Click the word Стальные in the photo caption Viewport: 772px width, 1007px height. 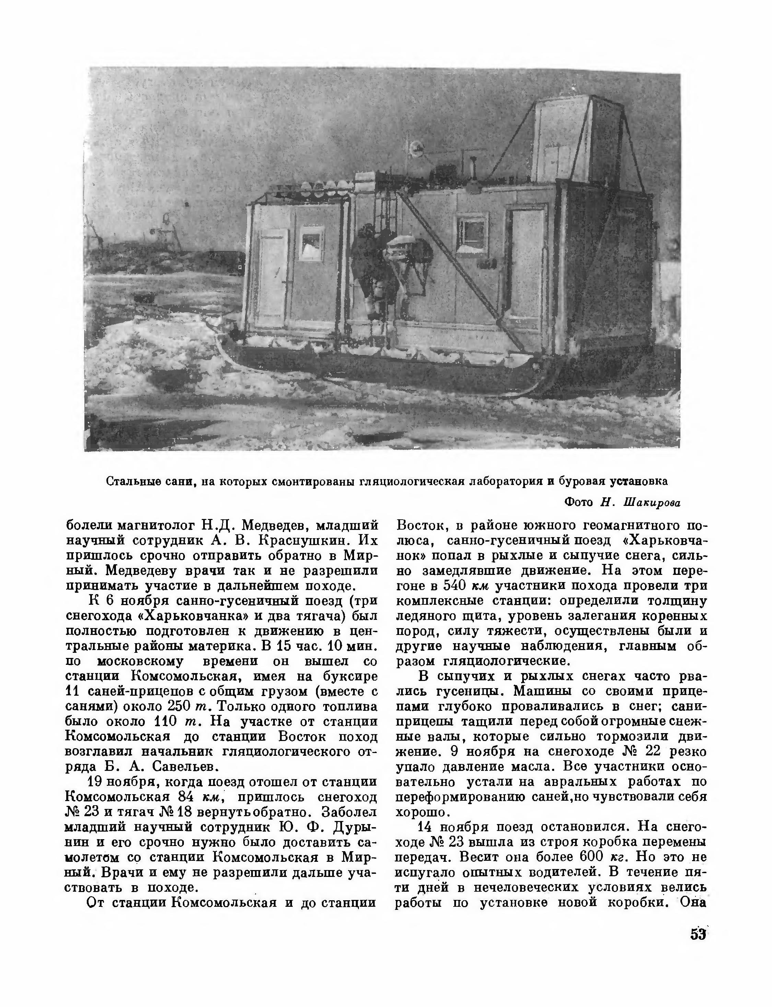(133, 481)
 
